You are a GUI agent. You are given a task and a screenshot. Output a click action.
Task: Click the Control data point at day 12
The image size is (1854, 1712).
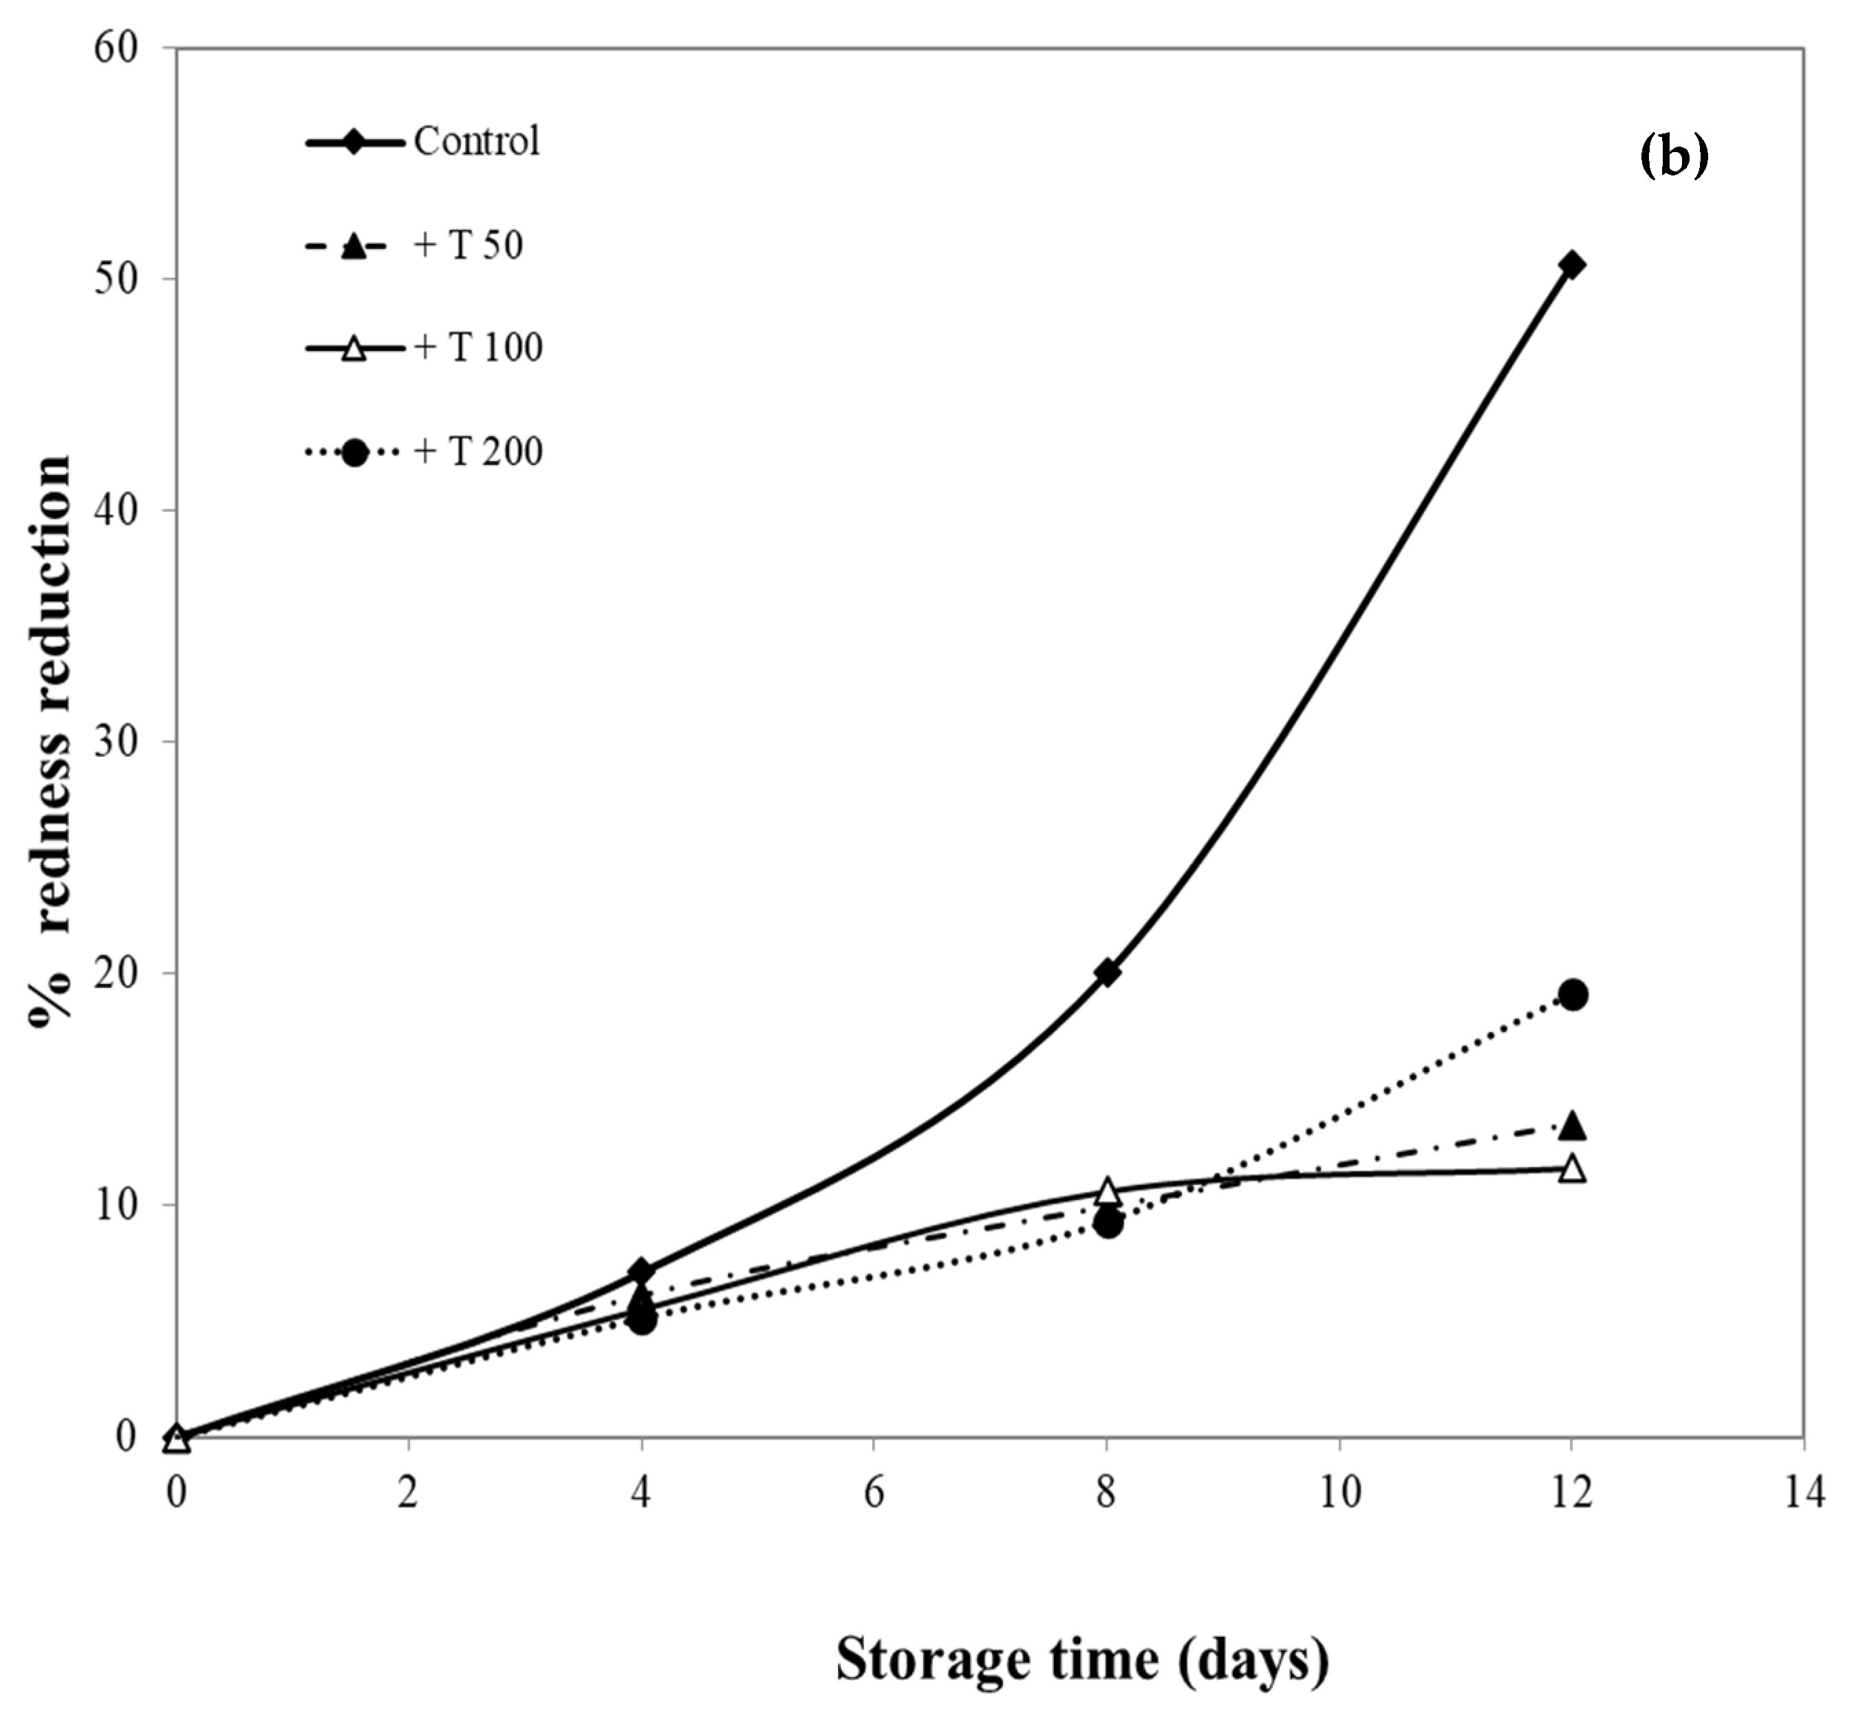(1571, 265)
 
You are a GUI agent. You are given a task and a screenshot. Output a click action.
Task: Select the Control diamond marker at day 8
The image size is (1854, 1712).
(1107, 973)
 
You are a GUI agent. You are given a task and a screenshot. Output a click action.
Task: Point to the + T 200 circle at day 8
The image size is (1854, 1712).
(1108, 1223)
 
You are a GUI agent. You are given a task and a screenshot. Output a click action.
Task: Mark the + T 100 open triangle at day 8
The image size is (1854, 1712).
(1108, 1190)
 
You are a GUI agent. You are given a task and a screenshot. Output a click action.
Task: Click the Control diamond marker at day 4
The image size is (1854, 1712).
(641, 1270)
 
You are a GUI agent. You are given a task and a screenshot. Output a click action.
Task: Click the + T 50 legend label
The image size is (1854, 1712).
(468, 246)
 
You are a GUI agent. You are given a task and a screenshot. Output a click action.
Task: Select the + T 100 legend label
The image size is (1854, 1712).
(478, 348)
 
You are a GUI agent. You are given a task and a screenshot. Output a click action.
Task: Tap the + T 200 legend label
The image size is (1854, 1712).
(478, 452)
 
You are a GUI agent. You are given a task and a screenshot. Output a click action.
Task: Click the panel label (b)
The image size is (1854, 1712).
(1673, 158)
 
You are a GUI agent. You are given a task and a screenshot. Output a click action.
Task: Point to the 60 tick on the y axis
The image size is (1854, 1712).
(116, 48)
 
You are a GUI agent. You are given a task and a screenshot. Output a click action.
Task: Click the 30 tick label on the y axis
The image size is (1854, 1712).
(116, 741)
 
